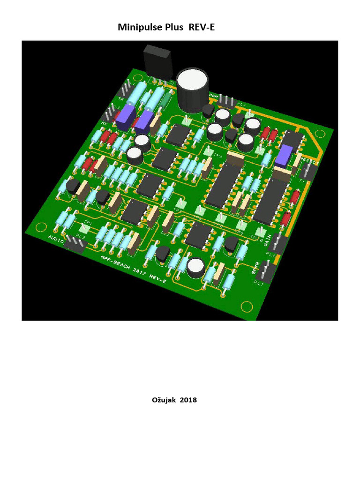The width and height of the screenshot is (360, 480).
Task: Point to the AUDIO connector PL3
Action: tap(75, 244)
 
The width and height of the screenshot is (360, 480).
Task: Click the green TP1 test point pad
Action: tap(85, 228)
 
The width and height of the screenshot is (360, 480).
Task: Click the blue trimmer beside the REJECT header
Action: tap(283, 155)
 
